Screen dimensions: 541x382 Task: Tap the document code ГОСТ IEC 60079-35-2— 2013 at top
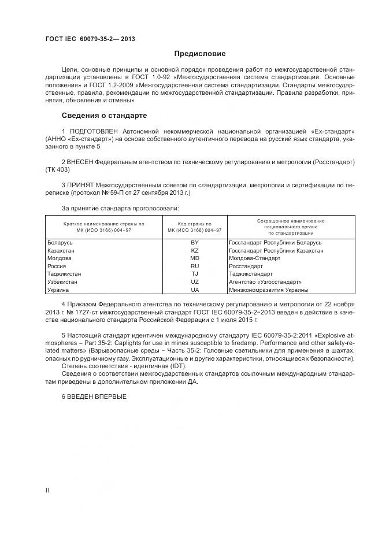(90, 39)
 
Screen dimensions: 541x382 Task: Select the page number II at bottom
(47, 490)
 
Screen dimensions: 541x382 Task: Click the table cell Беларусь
(60, 243)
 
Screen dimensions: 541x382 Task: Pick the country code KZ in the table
(194, 251)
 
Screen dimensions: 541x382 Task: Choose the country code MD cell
(194, 258)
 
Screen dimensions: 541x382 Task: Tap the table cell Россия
(57, 266)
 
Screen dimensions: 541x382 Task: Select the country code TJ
(194, 274)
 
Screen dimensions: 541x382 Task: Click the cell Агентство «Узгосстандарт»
(261, 282)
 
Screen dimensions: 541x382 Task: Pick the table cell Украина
(58, 290)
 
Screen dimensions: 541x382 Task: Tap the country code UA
(194, 290)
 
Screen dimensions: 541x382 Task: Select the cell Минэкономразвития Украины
(268, 290)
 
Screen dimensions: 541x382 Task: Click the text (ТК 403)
(57, 169)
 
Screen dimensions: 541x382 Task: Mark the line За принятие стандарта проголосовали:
(120, 207)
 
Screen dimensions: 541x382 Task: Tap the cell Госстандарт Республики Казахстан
(276, 251)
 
